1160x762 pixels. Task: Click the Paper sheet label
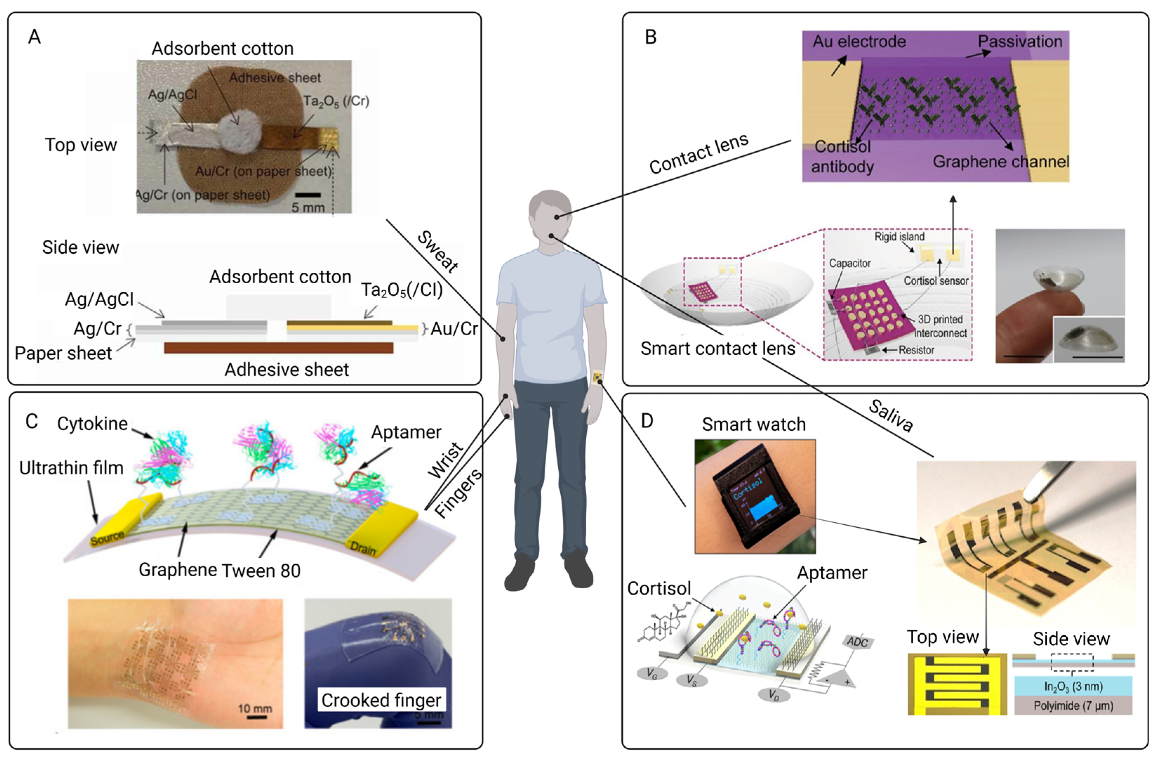(64, 353)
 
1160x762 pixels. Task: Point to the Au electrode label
(859, 41)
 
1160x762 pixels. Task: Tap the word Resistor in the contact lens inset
(916, 350)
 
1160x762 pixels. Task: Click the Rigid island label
(899, 237)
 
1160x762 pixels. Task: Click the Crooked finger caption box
(381, 700)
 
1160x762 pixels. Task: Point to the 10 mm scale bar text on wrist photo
(255, 708)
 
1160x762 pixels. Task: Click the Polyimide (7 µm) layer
(1073, 705)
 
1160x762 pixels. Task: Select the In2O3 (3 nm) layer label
(1073, 687)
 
